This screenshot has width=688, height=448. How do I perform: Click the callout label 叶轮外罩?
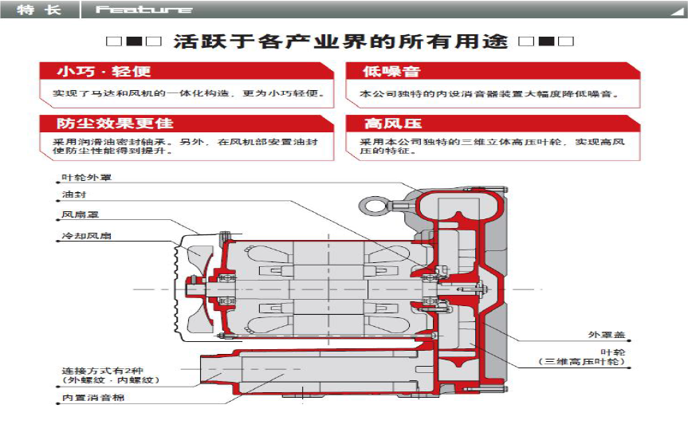click(x=86, y=177)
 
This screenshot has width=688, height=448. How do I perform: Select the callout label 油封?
click(x=73, y=195)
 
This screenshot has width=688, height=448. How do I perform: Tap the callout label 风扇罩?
click(x=81, y=214)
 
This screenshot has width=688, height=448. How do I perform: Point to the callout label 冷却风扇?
click(x=86, y=236)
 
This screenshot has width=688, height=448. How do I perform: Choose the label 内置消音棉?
click(x=93, y=398)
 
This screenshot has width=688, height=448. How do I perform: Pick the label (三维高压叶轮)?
click(x=581, y=362)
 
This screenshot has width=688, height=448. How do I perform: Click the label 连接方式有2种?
click(x=102, y=371)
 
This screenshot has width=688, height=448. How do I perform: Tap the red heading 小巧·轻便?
click(x=104, y=71)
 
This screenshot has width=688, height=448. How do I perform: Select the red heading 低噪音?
click(x=391, y=71)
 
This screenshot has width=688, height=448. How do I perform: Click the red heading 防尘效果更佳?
click(x=115, y=124)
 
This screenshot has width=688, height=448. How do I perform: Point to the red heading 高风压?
click(x=392, y=124)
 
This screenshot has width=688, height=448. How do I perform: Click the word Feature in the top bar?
click(x=144, y=10)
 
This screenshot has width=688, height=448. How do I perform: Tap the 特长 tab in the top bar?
click(x=39, y=10)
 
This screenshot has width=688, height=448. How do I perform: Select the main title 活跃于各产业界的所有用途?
click(x=340, y=41)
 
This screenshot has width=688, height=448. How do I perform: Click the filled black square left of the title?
click(x=134, y=41)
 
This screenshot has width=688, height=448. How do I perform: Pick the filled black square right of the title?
click(x=546, y=41)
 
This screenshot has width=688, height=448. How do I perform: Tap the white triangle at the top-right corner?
click(x=677, y=11)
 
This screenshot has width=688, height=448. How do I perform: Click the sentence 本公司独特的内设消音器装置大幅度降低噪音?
click(x=489, y=93)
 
